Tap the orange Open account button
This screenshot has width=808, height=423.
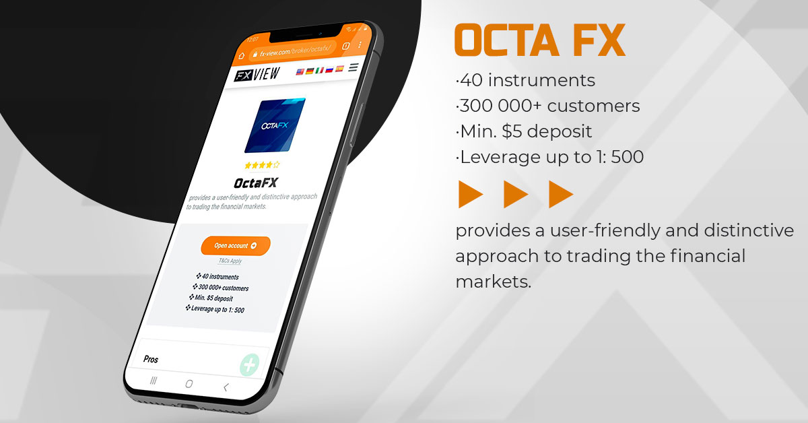click(x=235, y=246)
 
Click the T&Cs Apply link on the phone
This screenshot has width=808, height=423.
click(x=230, y=261)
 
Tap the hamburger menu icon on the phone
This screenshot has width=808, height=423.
click(x=353, y=67)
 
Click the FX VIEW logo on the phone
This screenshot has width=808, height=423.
click(x=257, y=75)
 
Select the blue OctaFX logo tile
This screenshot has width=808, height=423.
click(x=274, y=126)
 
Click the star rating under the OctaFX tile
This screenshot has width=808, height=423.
click(x=263, y=165)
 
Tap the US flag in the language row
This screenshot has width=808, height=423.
click(x=300, y=71)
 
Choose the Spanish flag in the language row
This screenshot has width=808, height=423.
click(x=340, y=69)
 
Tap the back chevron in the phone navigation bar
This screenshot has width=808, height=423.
click(x=226, y=387)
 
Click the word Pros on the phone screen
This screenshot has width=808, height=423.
click(x=151, y=359)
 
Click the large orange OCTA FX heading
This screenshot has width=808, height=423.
click(x=540, y=41)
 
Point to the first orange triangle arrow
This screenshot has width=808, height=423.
click(x=470, y=195)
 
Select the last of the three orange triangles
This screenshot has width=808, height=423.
click(x=560, y=195)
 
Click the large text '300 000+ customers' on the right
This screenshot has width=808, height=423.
click(x=547, y=106)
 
